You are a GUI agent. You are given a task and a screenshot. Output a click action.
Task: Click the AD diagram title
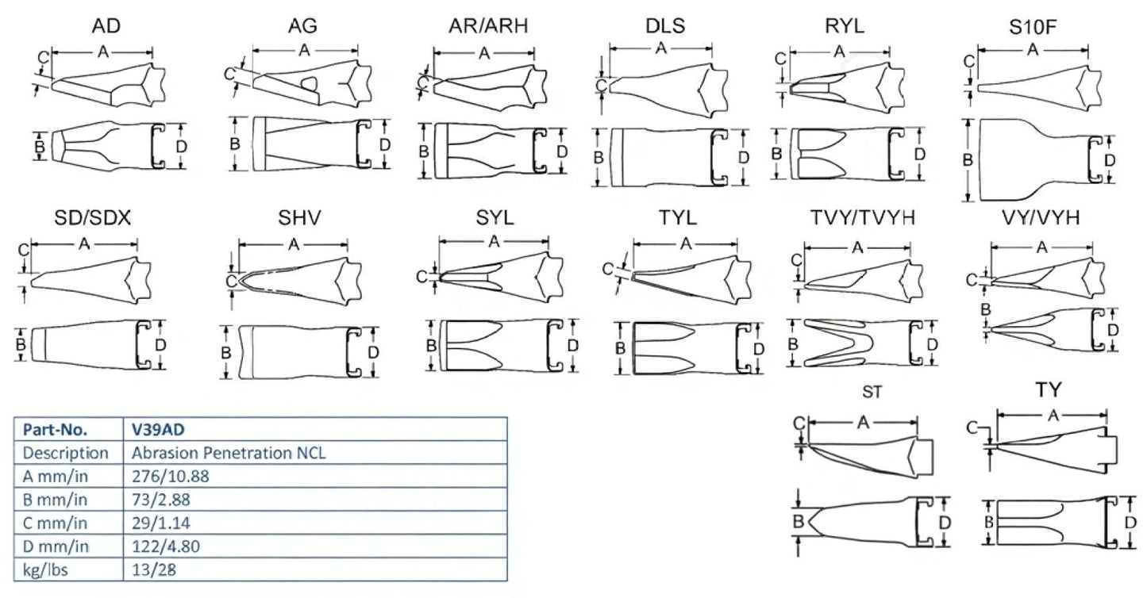pos(106,26)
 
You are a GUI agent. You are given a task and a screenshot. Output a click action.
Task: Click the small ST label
pos(872,392)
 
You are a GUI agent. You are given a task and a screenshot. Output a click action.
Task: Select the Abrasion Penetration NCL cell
pos(230,454)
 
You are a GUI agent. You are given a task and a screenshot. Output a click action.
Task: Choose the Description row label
pos(66,454)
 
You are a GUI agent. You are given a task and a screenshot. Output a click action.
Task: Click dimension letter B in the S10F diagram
pos(968,160)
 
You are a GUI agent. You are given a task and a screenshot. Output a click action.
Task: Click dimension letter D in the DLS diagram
pos(743,157)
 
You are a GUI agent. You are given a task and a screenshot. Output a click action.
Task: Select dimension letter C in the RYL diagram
pos(780,59)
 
